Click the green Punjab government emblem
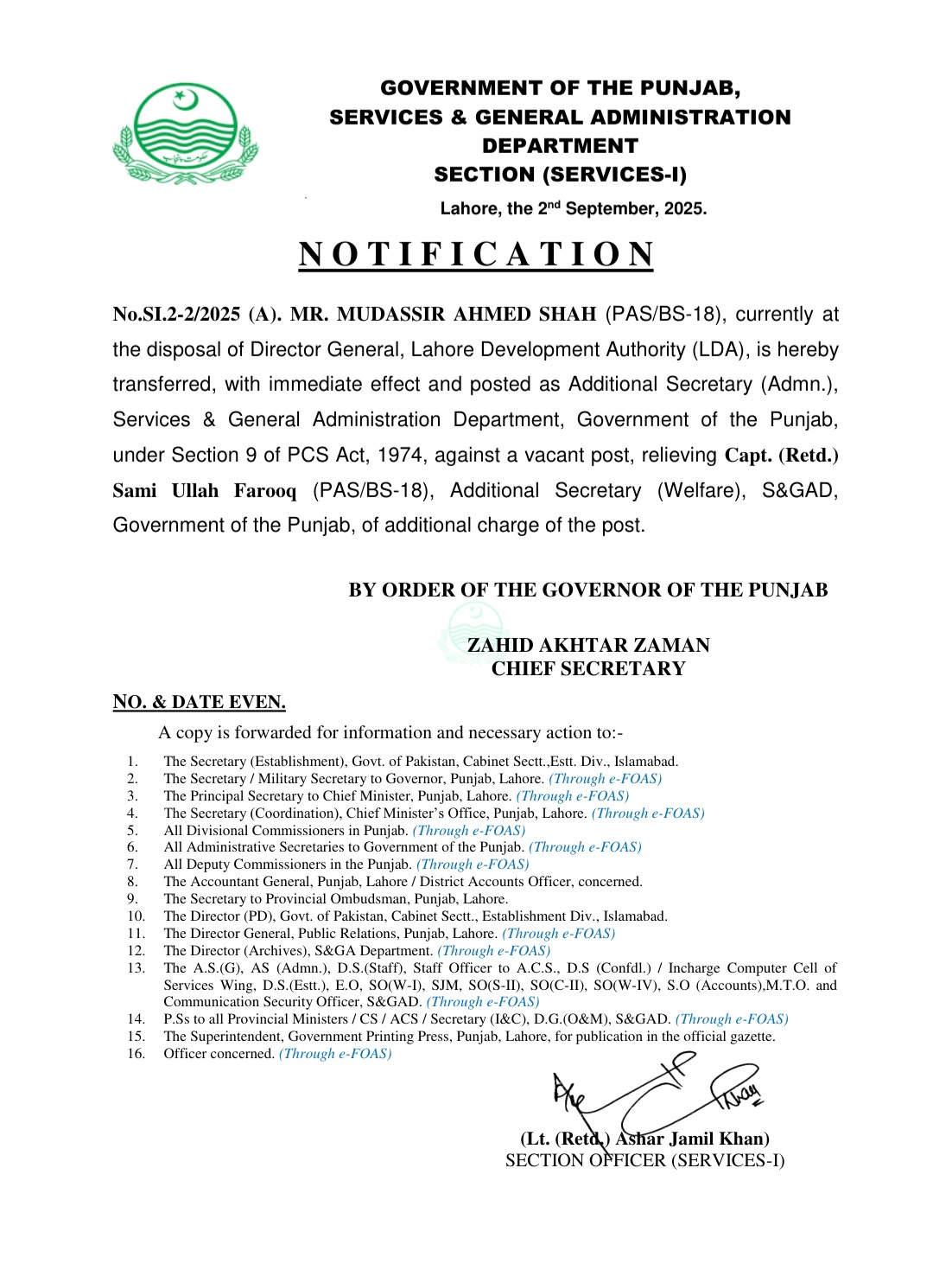[185, 134]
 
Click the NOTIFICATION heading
[475, 254]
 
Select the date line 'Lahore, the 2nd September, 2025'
[573, 208]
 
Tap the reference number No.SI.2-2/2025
[176, 314]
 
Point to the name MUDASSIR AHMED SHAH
[443, 314]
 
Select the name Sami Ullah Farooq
[204, 490]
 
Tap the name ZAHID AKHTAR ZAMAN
[588, 645]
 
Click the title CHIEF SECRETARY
[588, 668]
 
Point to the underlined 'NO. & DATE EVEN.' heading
[199, 702]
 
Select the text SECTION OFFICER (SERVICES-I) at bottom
[644, 1160]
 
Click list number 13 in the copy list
[136, 968]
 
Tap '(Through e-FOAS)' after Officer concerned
[335, 1054]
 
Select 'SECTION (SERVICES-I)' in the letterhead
[560, 175]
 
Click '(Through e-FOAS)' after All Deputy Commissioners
[473, 865]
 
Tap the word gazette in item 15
[752, 1037]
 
